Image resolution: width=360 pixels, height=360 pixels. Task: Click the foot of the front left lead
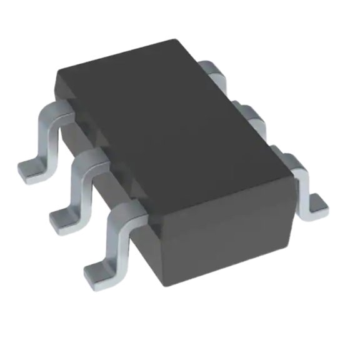[97, 271]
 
